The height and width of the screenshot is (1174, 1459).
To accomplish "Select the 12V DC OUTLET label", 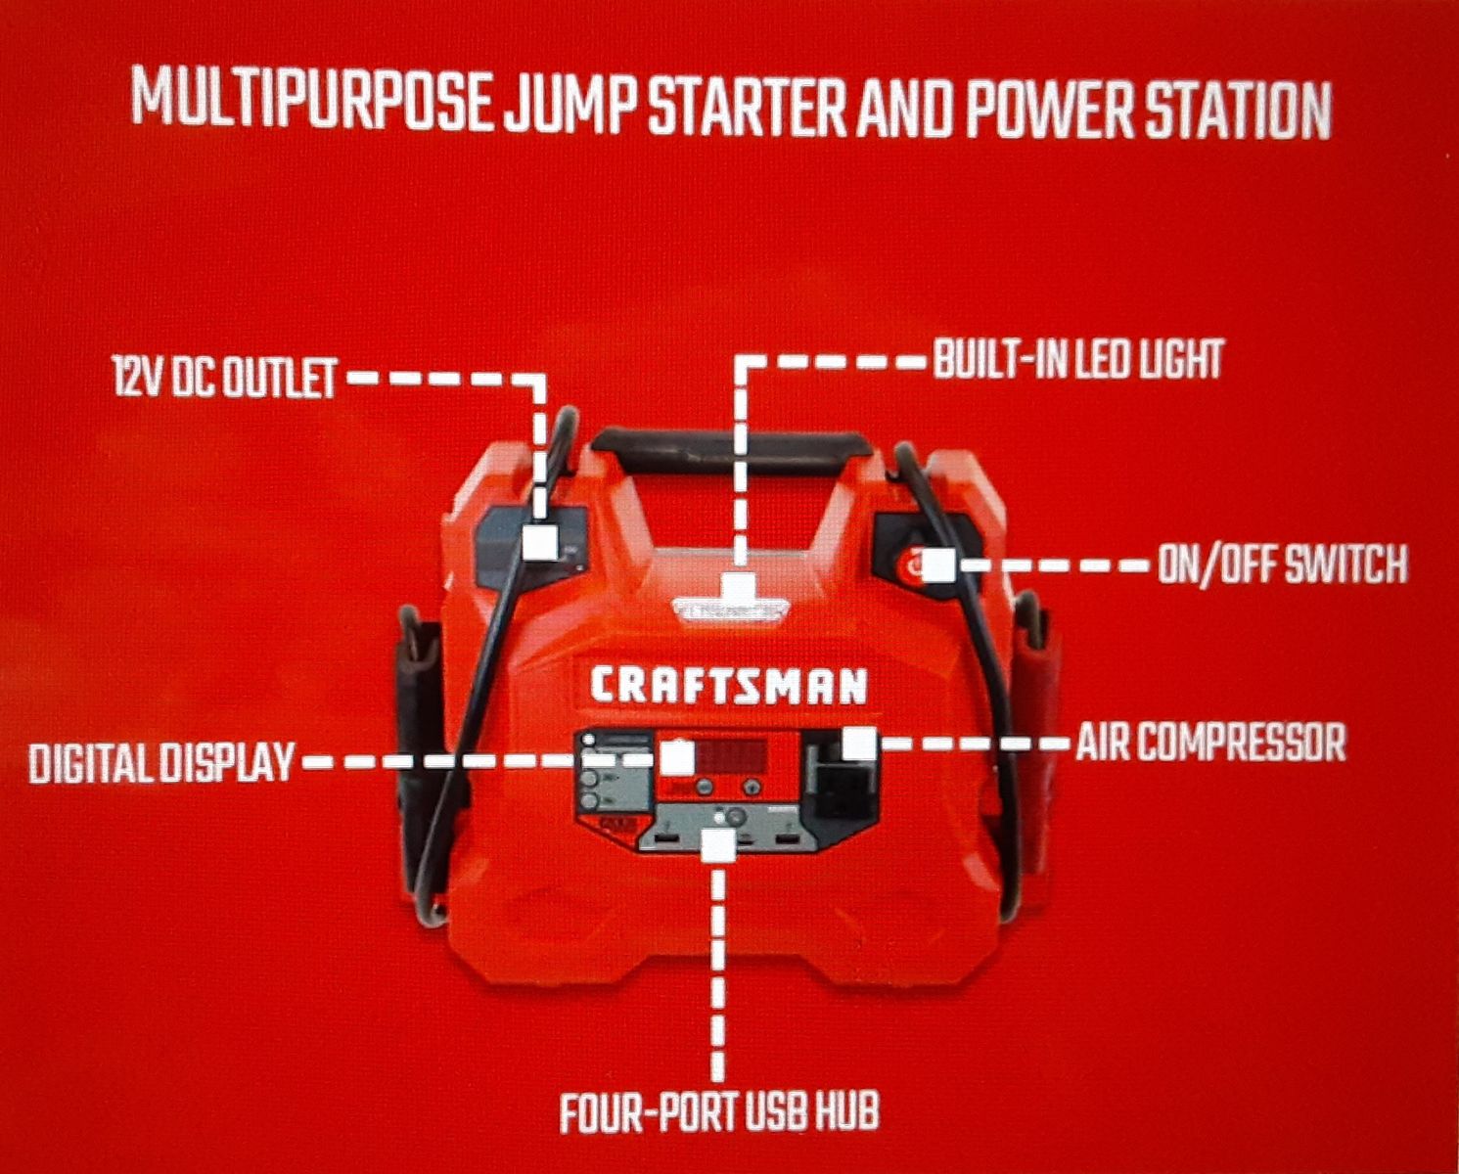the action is click(226, 377).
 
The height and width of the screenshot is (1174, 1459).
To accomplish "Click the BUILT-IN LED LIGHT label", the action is click(1079, 358).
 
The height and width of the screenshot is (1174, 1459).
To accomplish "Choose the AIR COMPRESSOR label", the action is click(1211, 743).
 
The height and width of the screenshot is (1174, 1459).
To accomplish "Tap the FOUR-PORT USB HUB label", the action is click(718, 1111).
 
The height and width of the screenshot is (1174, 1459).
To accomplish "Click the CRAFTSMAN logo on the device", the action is click(729, 685).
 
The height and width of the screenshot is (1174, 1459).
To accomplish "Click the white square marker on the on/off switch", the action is click(939, 564).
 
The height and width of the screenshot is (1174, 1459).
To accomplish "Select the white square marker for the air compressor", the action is click(860, 743).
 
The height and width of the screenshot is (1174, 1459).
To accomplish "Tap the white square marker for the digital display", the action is click(677, 758).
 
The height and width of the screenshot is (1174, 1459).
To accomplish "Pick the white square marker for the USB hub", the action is click(719, 845).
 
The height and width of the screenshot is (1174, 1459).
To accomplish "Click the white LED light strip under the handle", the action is click(731, 609).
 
